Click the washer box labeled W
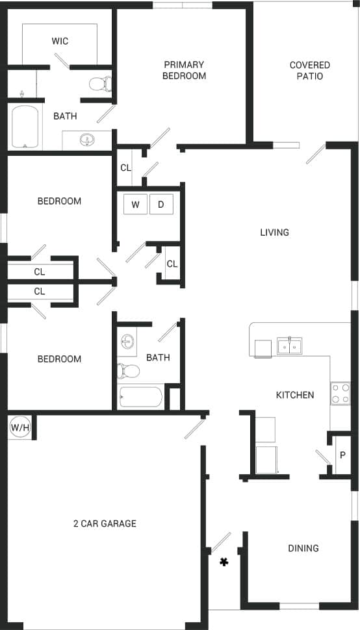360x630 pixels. pos(135,205)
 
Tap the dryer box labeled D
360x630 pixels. pos(161,205)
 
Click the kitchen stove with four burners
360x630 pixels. pos(341,393)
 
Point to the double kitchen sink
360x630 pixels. pos(289,347)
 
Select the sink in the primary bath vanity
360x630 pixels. pos(86,140)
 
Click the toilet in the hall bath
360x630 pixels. pos(128,371)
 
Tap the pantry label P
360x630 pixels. pos(342,455)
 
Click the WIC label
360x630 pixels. pos(60,41)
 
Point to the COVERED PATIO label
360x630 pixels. pos(309,70)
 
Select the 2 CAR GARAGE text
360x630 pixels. pos(105,523)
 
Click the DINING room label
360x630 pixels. pos(303,548)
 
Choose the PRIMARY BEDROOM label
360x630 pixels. pos(185,70)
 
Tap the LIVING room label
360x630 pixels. pos(274,232)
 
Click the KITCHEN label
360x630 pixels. pos(295,395)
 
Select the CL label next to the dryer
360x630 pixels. pos(172,264)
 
